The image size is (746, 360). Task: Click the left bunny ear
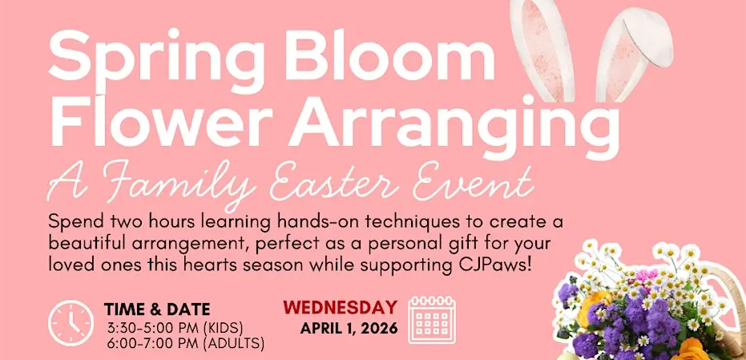(542, 50)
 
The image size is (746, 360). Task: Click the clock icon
(71, 323)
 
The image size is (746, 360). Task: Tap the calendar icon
(432, 319)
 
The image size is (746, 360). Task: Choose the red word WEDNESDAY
(341, 308)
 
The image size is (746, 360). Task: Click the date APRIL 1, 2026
(349, 328)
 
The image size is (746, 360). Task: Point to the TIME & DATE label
(157, 310)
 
